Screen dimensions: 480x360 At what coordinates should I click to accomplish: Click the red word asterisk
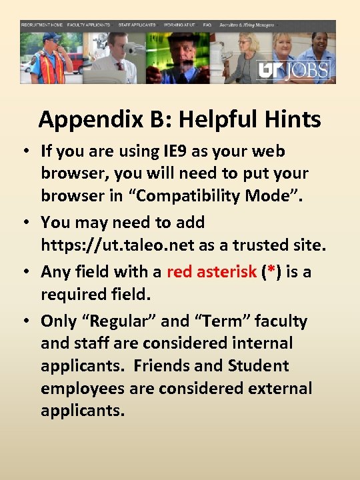tap(211, 271)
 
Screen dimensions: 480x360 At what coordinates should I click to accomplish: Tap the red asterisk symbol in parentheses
tap(271, 271)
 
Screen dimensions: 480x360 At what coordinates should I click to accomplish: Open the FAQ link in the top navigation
tap(207, 24)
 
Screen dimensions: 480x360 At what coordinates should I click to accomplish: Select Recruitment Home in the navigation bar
tap(42, 24)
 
